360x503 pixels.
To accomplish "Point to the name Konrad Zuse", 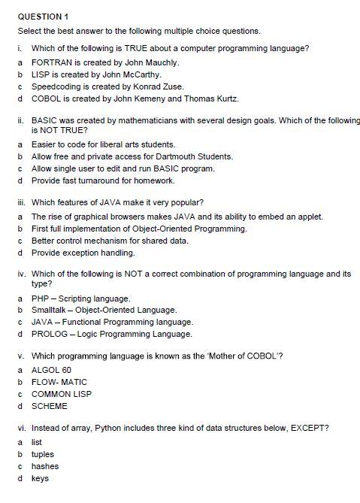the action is click(x=153, y=86).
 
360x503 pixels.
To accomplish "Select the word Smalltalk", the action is click(x=48, y=310).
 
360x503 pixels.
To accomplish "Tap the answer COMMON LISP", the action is click(x=61, y=394).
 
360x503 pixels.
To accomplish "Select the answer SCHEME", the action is click(x=49, y=406).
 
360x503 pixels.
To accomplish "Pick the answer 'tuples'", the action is click(x=42, y=454).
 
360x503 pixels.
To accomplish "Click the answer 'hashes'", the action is click(x=44, y=466).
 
